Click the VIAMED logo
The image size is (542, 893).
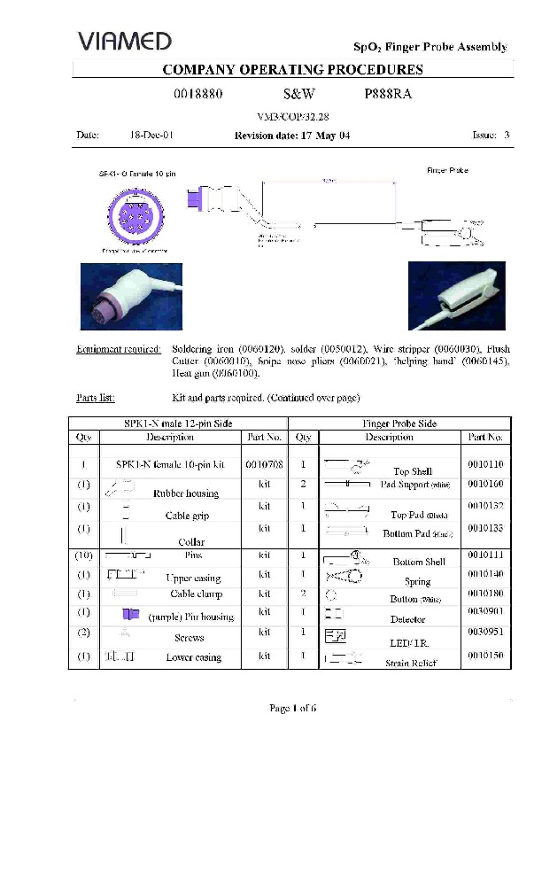[124, 41]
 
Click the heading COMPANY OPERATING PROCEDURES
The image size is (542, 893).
[292, 70]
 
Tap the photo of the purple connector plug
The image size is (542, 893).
[131, 297]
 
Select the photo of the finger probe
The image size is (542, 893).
[456, 295]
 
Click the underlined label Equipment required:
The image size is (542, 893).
[119, 350]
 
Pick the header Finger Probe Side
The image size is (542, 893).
[399, 423]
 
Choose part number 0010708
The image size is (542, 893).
[264, 463]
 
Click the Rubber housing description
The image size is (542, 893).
[186, 493]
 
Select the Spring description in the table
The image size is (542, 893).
[417, 582]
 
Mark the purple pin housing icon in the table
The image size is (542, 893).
[131, 614]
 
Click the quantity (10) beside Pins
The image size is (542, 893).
[82, 555]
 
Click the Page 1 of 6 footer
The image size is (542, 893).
[292, 708]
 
